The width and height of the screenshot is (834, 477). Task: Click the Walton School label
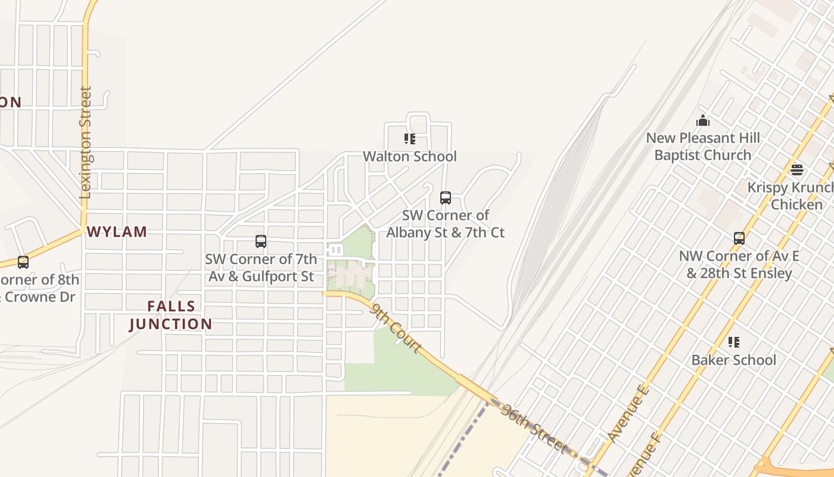pos(410,157)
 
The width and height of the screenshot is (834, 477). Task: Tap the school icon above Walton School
pos(410,139)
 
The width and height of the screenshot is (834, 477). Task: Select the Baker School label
pos(733,360)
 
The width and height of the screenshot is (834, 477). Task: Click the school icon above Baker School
pos(734,342)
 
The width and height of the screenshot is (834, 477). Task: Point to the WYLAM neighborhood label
pos(117,232)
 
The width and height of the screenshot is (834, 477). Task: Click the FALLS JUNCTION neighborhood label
pos(171,315)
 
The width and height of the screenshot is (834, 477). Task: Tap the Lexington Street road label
pos(86,143)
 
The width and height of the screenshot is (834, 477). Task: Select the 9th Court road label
pos(397,327)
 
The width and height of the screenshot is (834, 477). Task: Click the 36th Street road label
pos(533,428)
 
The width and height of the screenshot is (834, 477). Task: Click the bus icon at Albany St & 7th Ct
pos(446,198)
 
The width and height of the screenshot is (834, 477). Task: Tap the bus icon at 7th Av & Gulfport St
pos(261,241)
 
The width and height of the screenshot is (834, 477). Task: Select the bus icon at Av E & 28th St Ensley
pos(739,238)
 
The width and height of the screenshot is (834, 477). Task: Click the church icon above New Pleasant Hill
pos(703,120)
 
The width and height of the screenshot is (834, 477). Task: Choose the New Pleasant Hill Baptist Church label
pos(703,147)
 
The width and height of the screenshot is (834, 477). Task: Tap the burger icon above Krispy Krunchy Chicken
pos(797,170)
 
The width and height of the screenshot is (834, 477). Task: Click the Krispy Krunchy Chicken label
pos(792,196)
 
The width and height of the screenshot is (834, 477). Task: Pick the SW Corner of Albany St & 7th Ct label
pos(446,224)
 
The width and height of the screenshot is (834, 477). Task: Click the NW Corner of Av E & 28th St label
pos(739,265)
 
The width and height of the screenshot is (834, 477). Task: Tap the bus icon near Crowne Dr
pos(23,262)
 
